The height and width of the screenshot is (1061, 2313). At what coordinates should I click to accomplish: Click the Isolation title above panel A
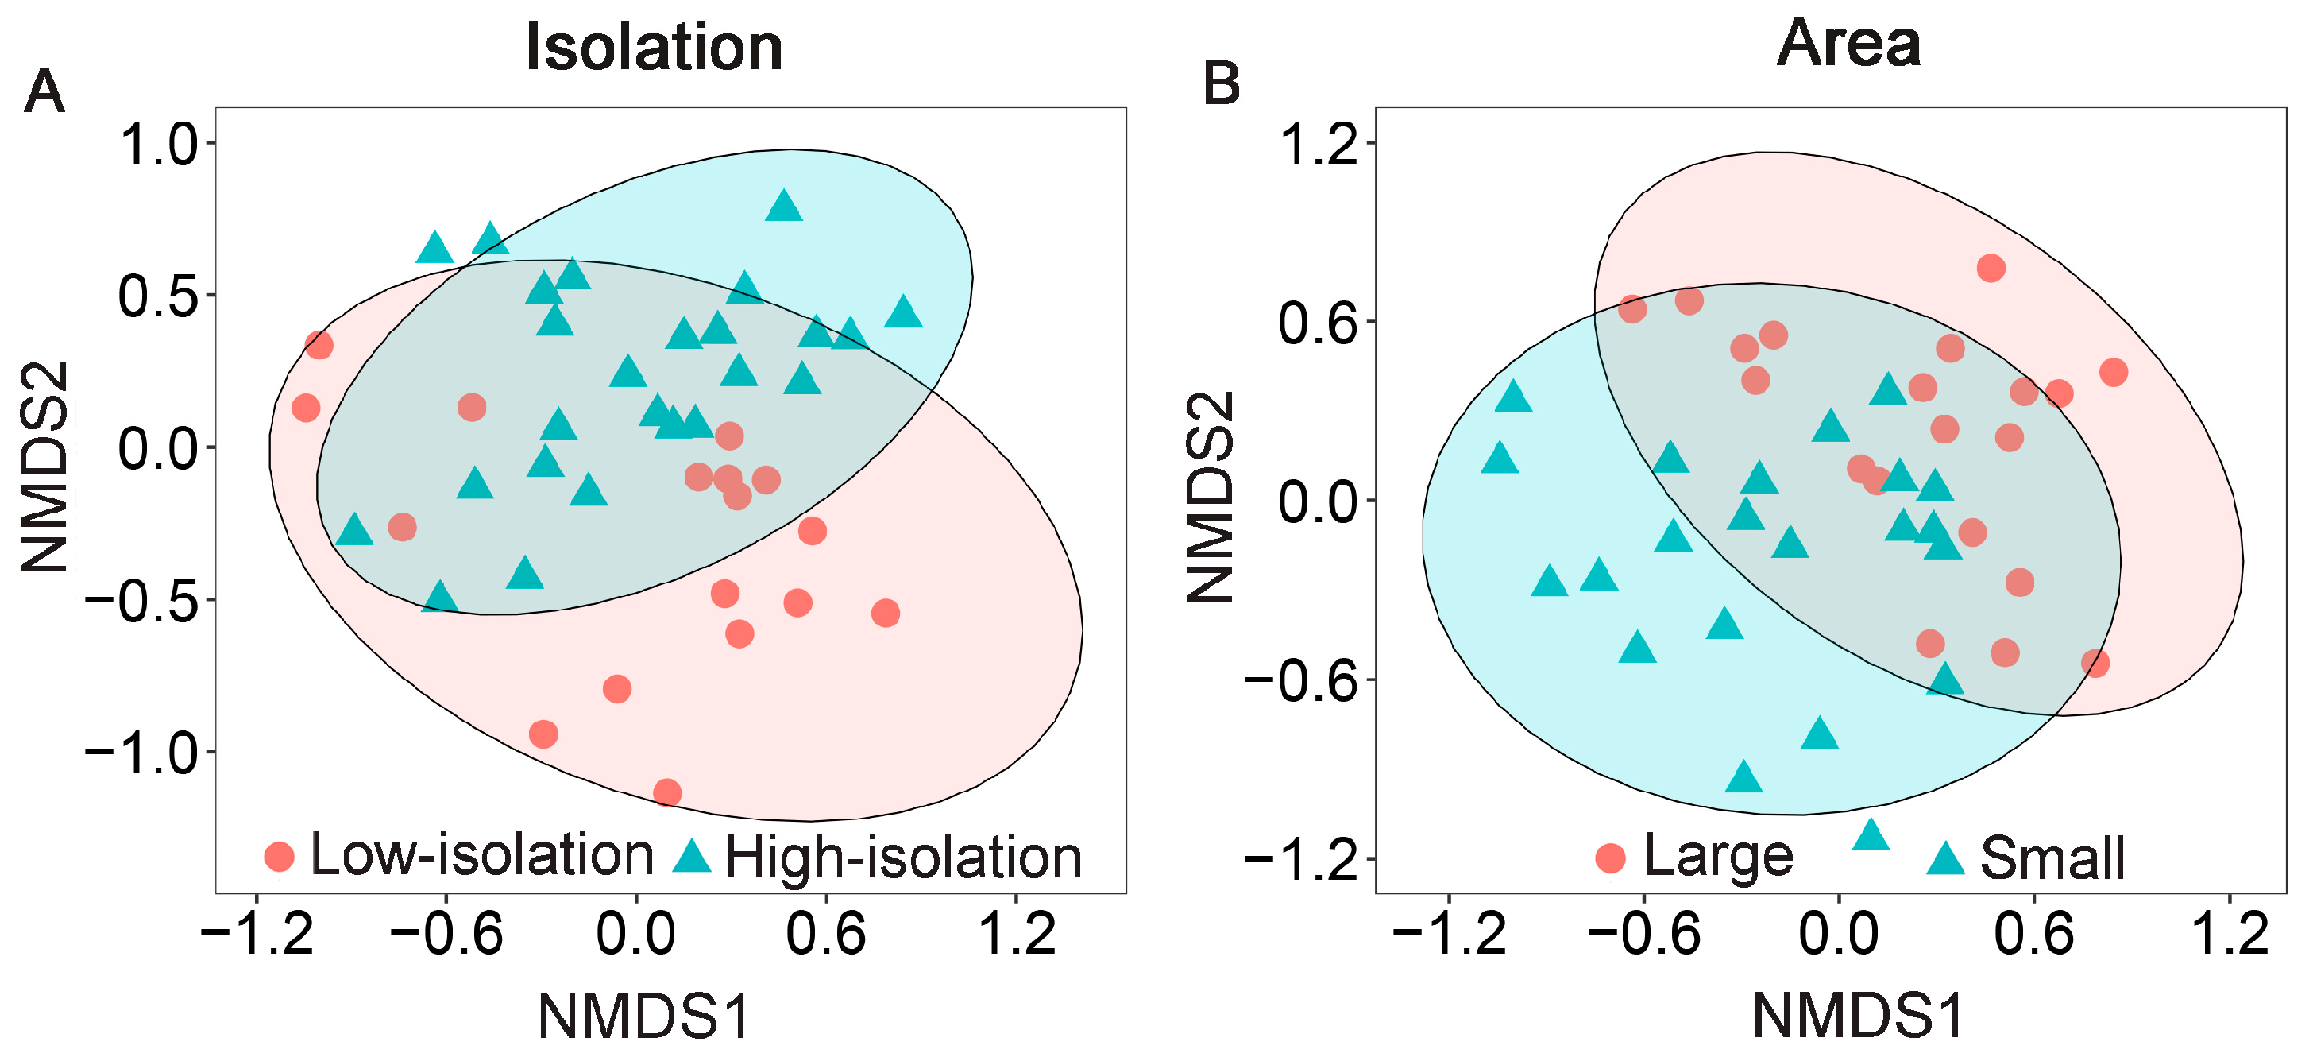click(x=654, y=47)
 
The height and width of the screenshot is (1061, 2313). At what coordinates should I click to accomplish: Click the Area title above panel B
click(x=1849, y=43)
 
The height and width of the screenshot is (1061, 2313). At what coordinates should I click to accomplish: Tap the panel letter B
click(x=1220, y=83)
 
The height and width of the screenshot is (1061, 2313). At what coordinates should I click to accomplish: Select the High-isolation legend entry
click(x=878, y=856)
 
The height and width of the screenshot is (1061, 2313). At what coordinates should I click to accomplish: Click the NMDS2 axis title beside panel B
click(x=1210, y=498)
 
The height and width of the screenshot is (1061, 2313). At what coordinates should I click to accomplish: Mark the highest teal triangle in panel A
click(x=784, y=205)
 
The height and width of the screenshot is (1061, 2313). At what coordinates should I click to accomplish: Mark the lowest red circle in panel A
click(x=667, y=792)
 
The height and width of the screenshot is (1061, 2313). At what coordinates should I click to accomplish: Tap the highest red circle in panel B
click(x=1991, y=268)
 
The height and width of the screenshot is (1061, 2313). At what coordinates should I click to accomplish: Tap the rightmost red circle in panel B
click(x=2114, y=372)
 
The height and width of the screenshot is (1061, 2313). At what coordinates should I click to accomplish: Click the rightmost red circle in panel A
click(x=886, y=614)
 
